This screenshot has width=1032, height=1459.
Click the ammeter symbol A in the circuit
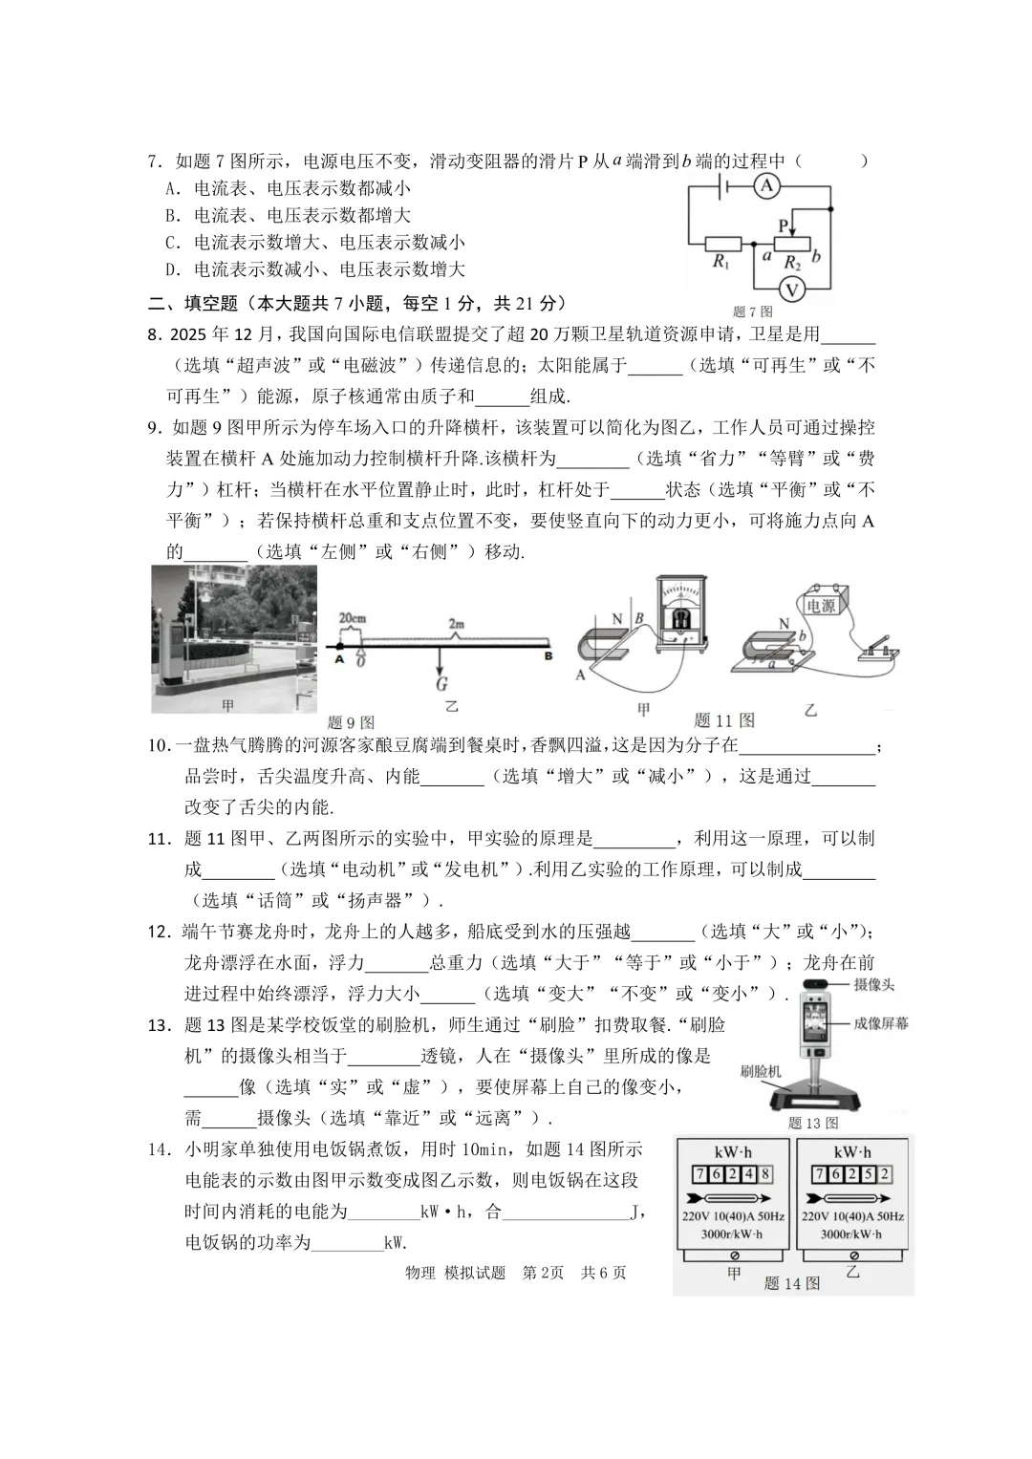pos(766,186)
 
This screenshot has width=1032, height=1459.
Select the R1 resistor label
pos(721,262)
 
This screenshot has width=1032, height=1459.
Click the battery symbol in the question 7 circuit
pos(726,186)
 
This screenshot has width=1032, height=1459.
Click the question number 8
pos(153,334)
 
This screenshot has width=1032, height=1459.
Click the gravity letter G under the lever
pos(441,684)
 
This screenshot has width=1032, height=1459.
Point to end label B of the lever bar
pos(548,656)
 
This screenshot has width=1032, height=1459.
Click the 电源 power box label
pos(821,606)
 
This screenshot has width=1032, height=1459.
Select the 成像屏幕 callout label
pos(880,1023)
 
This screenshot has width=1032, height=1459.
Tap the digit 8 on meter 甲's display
pos(764,1173)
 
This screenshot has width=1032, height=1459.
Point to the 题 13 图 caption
pos(812,1123)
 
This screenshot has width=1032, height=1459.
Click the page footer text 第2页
pos(543,1273)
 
